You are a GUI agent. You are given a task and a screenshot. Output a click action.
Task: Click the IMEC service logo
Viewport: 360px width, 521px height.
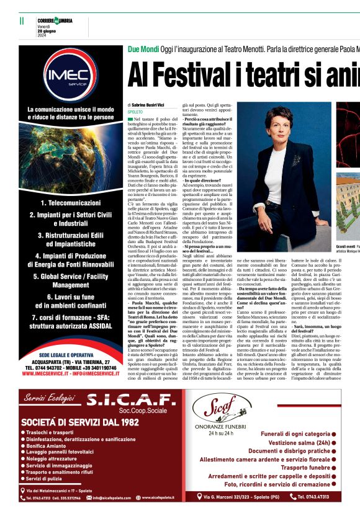tap(70, 78)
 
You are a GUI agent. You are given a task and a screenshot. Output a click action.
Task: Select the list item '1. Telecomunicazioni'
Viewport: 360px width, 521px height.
tap(70, 203)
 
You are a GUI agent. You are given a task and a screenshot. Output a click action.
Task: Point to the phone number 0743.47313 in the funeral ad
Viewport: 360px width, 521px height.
tap(313, 496)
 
